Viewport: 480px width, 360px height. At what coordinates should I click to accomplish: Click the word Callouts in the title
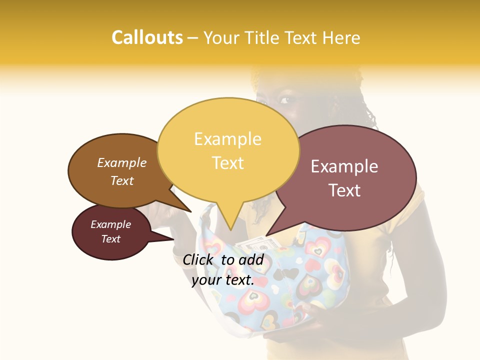147,37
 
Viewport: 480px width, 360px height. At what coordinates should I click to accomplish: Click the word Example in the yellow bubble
228,138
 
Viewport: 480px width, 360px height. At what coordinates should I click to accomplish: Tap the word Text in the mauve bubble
344,190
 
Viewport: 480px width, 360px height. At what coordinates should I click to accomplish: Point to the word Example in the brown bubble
122,163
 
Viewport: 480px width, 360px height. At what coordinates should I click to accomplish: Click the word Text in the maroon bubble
111,239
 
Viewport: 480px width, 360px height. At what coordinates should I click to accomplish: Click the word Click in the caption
198,259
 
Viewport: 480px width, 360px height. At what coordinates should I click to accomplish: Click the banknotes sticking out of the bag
260,244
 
